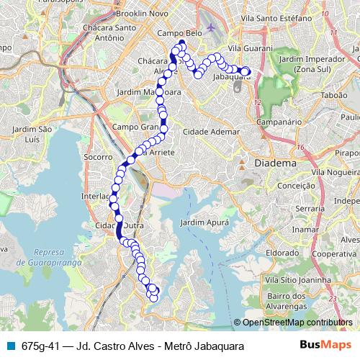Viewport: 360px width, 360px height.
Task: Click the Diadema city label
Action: click(275, 163)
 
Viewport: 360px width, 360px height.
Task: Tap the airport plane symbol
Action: click(211, 28)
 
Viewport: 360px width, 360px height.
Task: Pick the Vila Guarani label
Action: click(247, 48)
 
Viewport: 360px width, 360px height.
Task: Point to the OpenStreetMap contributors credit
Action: click(295, 323)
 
